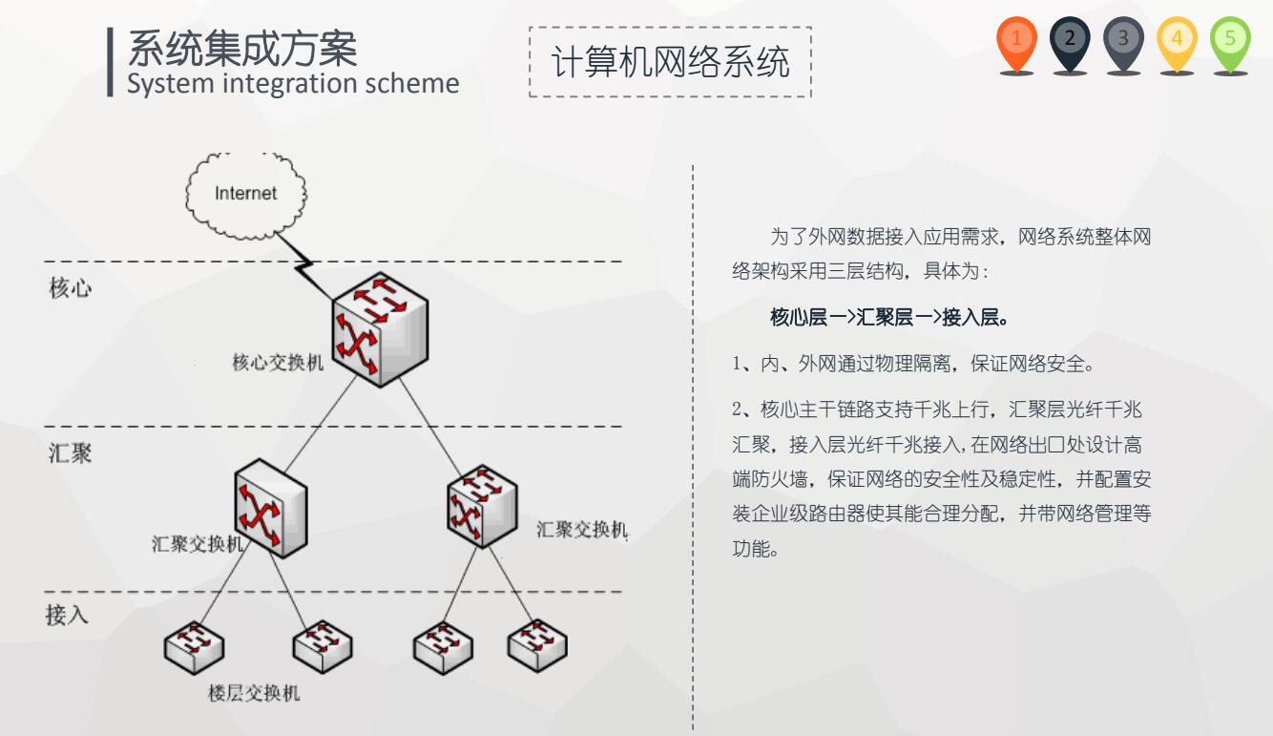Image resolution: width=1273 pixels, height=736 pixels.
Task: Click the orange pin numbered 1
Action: tap(1016, 44)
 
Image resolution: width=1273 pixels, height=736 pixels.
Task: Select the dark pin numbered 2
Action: tap(1070, 44)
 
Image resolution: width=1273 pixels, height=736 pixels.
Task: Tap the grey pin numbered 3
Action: tap(1123, 44)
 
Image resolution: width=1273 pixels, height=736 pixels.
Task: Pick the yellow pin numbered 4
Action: tap(1177, 44)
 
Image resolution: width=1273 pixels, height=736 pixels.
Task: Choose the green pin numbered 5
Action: tap(1230, 44)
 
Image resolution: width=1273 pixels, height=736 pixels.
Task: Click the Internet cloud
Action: tap(246, 195)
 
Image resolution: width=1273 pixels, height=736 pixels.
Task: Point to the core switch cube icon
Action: tap(380, 329)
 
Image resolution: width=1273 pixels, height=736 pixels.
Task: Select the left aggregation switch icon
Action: tap(270, 508)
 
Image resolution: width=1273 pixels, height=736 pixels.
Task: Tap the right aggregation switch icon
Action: tap(482, 506)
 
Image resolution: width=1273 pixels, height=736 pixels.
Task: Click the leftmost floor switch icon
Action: tap(194, 647)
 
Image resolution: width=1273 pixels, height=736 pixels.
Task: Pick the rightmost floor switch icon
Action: tap(537, 645)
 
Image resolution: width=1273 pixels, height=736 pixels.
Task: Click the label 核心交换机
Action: tap(278, 362)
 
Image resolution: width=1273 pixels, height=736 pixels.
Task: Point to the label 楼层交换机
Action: tap(254, 693)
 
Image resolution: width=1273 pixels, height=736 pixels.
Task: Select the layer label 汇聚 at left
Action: tap(70, 453)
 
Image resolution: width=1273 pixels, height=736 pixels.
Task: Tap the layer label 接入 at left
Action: tap(67, 615)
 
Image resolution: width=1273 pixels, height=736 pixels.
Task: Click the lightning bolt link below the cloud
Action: tap(304, 266)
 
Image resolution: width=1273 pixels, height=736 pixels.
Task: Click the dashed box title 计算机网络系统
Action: tap(671, 61)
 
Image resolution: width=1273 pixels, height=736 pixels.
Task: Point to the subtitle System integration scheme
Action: tap(293, 84)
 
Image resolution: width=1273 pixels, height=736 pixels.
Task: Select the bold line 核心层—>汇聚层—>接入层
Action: tap(889, 317)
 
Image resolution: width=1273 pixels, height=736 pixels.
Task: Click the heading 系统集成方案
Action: tap(242, 49)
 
